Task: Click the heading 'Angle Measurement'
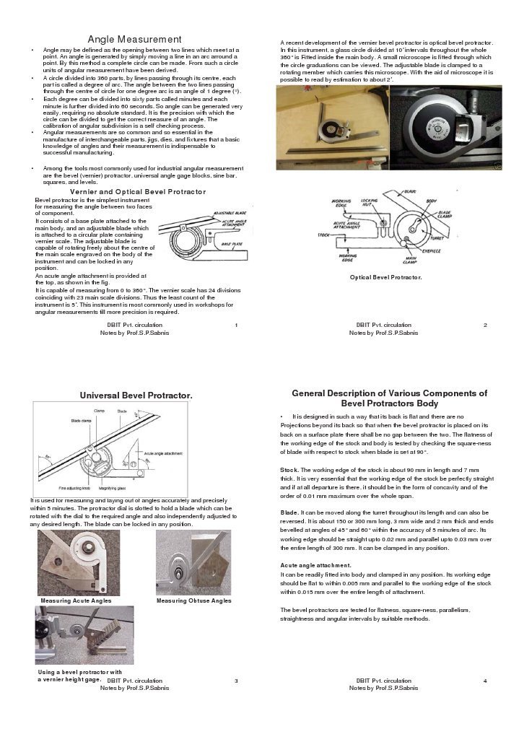(x=134, y=38)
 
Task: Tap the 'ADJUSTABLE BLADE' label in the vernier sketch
(x=230, y=215)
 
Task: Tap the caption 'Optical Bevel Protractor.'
(x=385, y=277)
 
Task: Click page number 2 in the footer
(x=485, y=326)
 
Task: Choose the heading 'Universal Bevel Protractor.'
(x=136, y=396)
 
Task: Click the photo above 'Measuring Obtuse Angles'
(x=193, y=562)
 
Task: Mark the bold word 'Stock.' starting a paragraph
(x=290, y=470)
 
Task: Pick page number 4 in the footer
(x=485, y=681)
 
